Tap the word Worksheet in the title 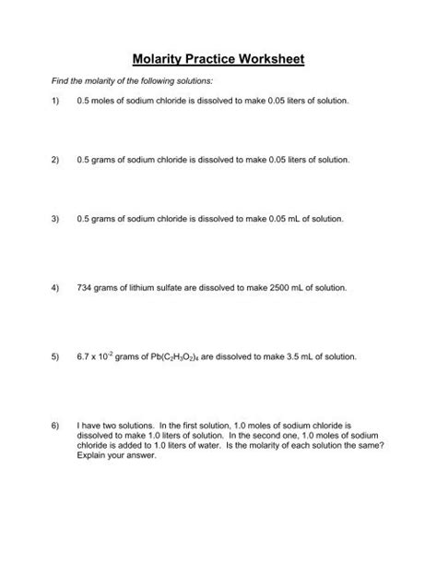click(265, 60)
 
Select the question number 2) click(56, 160)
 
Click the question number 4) click(56, 288)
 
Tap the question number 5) click(56, 356)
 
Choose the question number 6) click(56, 427)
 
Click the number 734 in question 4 click(87, 288)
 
